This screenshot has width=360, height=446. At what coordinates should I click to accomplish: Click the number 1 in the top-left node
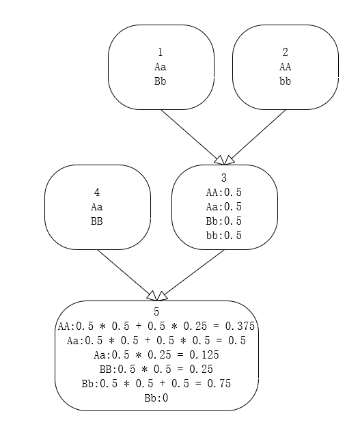tap(161, 53)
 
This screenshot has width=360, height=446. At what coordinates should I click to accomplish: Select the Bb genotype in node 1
tap(161, 81)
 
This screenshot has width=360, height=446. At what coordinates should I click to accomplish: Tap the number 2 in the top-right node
tap(285, 53)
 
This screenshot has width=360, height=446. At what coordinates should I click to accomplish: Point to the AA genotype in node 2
tap(285, 67)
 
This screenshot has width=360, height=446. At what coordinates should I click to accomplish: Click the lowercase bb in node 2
tap(285, 81)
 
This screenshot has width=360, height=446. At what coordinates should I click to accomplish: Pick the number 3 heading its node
tap(224, 178)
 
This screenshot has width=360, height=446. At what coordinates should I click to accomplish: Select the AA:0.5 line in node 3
tap(224, 193)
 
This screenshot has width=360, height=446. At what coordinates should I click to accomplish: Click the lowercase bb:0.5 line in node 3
tap(224, 236)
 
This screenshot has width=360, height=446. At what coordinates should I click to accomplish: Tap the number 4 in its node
tap(97, 193)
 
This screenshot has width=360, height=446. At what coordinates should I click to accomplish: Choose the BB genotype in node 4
tap(97, 221)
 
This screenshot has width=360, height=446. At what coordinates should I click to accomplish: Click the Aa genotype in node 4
tap(97, 207)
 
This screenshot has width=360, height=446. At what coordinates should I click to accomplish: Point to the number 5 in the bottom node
tap(156, 312)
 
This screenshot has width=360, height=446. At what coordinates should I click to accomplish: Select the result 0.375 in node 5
tap(240, 326)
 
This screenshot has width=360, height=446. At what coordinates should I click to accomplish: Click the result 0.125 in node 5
tap(204, 355)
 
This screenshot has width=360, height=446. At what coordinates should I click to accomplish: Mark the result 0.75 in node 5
tap(219, 384)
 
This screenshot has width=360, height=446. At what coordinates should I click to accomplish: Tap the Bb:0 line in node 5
tap(156, 398)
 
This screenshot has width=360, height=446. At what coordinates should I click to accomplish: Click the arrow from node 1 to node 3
tap(193, 137)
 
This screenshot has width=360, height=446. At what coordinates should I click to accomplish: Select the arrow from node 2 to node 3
tap(255, 137)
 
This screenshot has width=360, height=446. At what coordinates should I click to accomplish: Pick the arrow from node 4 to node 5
tap(127, 275)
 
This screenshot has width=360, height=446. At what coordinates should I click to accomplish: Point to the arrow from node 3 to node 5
tap(190, 275)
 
